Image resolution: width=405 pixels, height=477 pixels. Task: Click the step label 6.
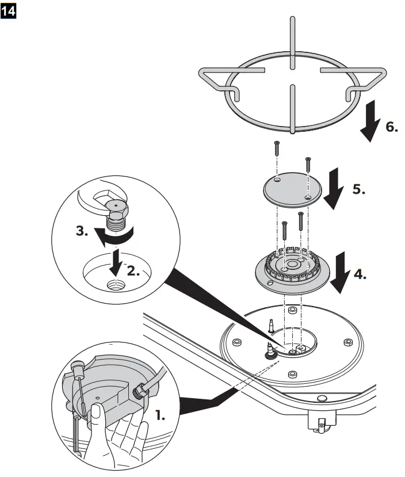tap(391, 127)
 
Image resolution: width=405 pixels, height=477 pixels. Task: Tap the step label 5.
tap(358, 189)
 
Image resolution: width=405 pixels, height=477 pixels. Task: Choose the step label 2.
tap(133, 270)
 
